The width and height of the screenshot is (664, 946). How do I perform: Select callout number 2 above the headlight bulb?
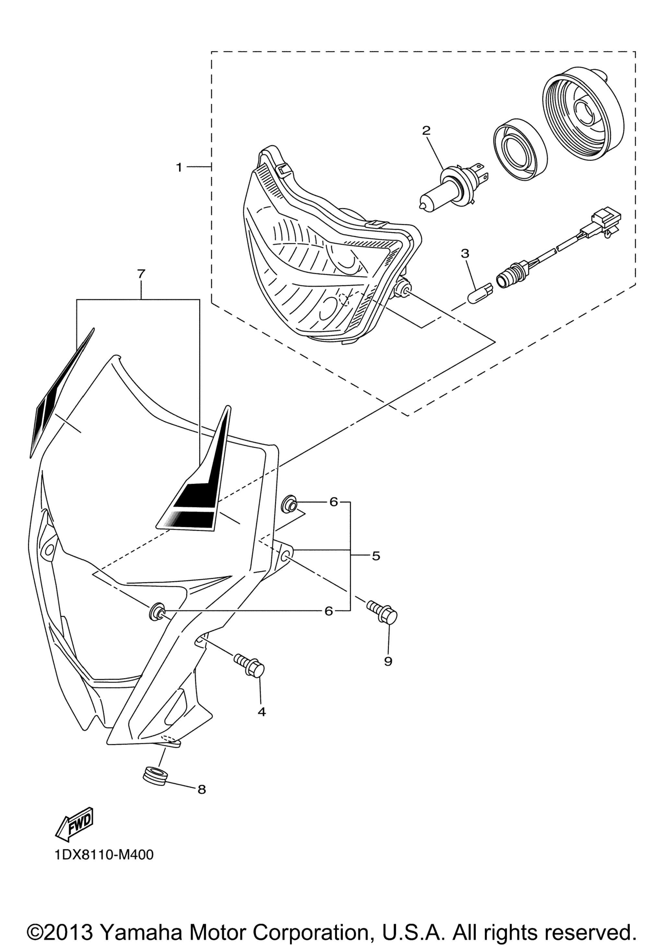(426, 131)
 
